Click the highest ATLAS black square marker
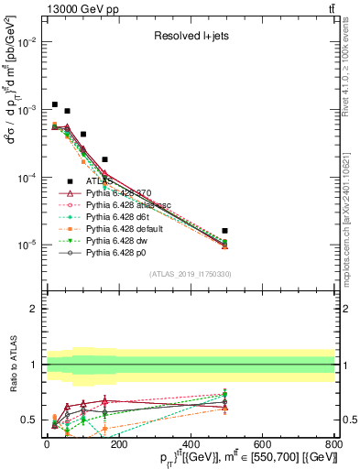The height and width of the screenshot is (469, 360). coord(55,104)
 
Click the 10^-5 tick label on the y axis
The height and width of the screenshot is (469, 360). coord(26,245)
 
